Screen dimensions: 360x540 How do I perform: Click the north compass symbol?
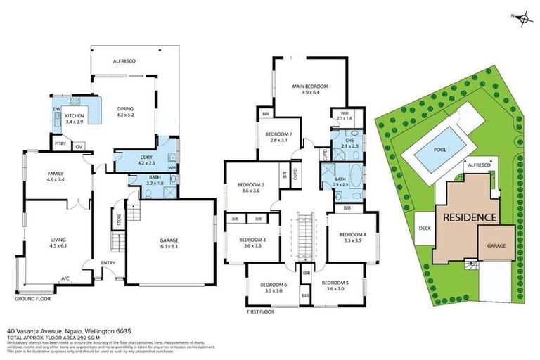tap(522, 20)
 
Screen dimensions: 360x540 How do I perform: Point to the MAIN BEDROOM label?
tap(310, 86)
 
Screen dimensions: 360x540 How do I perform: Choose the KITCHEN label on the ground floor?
tap(75, 115)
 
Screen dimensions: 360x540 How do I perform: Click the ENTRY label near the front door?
tap(108, 263)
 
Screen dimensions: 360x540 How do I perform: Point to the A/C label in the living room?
tap(65, 278)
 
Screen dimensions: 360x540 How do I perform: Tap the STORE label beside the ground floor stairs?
tap(120, 225)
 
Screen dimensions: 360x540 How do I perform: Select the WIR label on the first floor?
tap(344, 113)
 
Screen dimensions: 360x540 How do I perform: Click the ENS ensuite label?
tap(349, 141)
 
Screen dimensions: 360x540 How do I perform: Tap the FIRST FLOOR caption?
tap(259, 310)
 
